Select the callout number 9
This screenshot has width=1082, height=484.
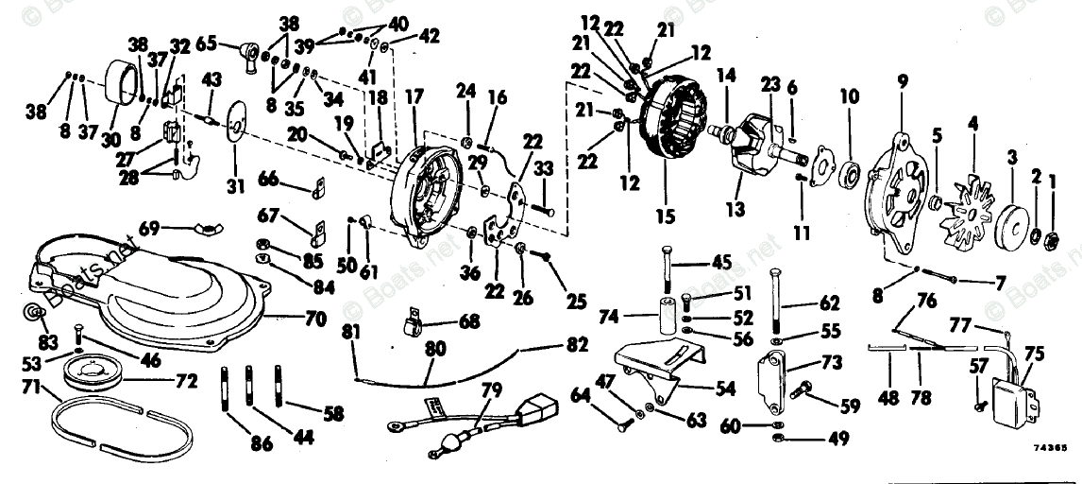point(903,82)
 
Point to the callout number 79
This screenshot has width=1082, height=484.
point(490,389)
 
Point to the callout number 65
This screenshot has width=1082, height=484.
point(206,43)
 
